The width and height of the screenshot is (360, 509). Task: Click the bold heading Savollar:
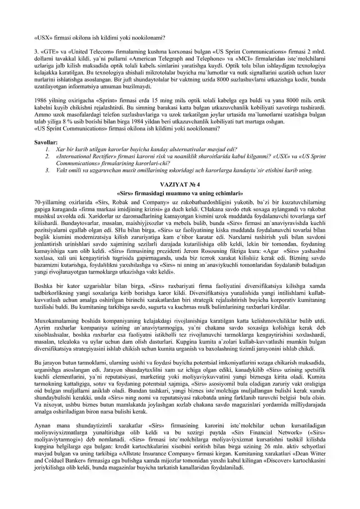pyautogui.click(x=46, y=143)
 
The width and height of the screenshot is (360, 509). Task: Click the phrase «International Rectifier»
pyautogui.click(x=85, y=156)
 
